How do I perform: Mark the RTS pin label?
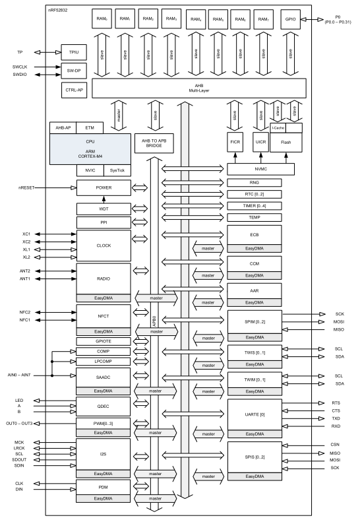pos(338,402)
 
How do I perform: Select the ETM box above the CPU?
pos(86,127)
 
